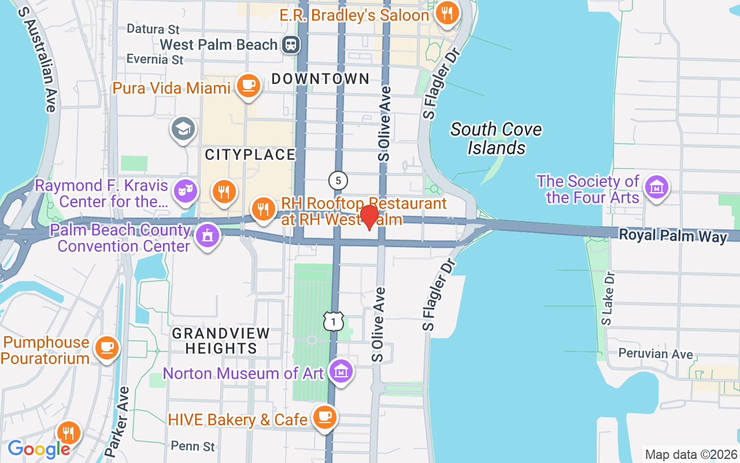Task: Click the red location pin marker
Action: [x=369, y=218]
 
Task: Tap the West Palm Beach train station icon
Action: [x=291, y=45]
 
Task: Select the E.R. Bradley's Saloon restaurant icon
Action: [x=446, y=14]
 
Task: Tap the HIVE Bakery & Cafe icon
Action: [x=324, y=417]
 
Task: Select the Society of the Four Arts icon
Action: [x=657, y=188]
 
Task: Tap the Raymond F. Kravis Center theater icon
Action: [x=186, y=191]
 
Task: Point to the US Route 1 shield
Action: [x=334, y=321]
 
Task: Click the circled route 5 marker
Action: [x=338, y=181]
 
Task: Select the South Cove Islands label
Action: [x=496, y=139]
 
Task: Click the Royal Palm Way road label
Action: [x=673, y=236]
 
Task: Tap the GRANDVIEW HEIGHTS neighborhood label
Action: [x=220, y=341]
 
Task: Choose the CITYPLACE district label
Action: [x=250, y=155]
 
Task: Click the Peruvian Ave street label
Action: [x=647, y=353]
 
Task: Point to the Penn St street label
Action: [x=193, y=446]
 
